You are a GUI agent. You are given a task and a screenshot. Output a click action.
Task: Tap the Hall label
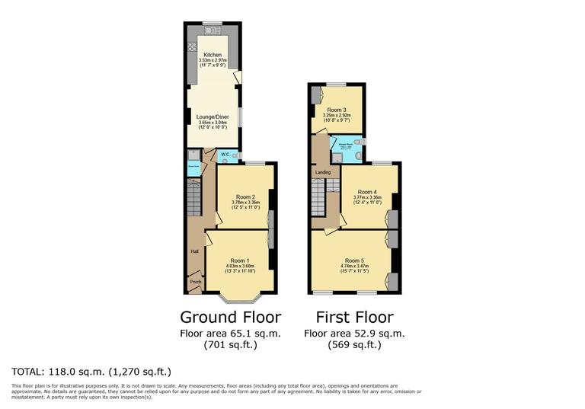tap(194, 249)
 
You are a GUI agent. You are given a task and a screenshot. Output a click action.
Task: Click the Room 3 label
tap(337, 110)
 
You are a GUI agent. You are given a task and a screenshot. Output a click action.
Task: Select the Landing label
tap(322, 173)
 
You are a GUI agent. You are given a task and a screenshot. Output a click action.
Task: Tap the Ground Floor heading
tap(230, 317)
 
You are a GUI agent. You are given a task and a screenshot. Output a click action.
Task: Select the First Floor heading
tap(354, 317)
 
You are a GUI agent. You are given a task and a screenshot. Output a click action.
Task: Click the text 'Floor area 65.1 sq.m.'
tap(230, 333)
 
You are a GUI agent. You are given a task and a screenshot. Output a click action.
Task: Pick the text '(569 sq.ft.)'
tap(354, 344)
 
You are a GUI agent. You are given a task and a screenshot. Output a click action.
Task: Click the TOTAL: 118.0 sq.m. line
tap(91, 372)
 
